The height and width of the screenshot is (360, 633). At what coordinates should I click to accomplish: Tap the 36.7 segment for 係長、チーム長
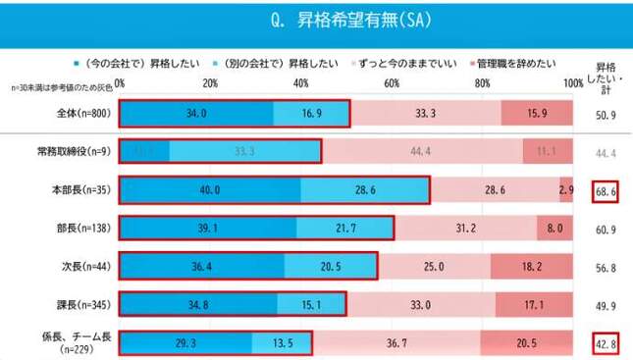tap(396, 343)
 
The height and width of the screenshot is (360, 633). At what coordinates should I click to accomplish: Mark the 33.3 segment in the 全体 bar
tap(425, 113)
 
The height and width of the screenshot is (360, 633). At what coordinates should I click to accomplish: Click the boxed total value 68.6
tap(605, 190)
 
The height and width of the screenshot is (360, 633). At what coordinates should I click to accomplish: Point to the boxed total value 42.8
tap(605, 343)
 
